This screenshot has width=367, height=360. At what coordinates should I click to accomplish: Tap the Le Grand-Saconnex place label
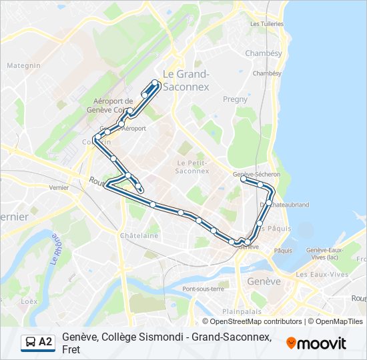tap(186, 80)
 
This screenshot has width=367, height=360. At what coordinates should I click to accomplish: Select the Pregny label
tap(235, 99)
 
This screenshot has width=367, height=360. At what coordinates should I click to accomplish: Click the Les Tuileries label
tap(266, 23)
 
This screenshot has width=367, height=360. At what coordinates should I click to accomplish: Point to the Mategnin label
tap(24, 65)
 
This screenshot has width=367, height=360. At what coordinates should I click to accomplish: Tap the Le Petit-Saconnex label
tap(193, 166)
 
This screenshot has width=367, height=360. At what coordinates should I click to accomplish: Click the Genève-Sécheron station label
tap(257, 174)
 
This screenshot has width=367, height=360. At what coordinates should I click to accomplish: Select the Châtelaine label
tap(139, 235)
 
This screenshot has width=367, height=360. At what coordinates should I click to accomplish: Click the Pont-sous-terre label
tap(203, 289)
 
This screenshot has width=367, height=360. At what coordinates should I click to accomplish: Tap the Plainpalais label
tap(240, 311)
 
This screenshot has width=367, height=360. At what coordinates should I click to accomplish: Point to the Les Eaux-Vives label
tap(322, 274)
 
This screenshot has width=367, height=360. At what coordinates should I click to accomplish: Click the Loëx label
tap(29, 301)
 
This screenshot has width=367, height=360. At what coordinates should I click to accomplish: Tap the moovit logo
tap(316, 343)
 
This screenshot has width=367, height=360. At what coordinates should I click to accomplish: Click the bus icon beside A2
tap(30, 342)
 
